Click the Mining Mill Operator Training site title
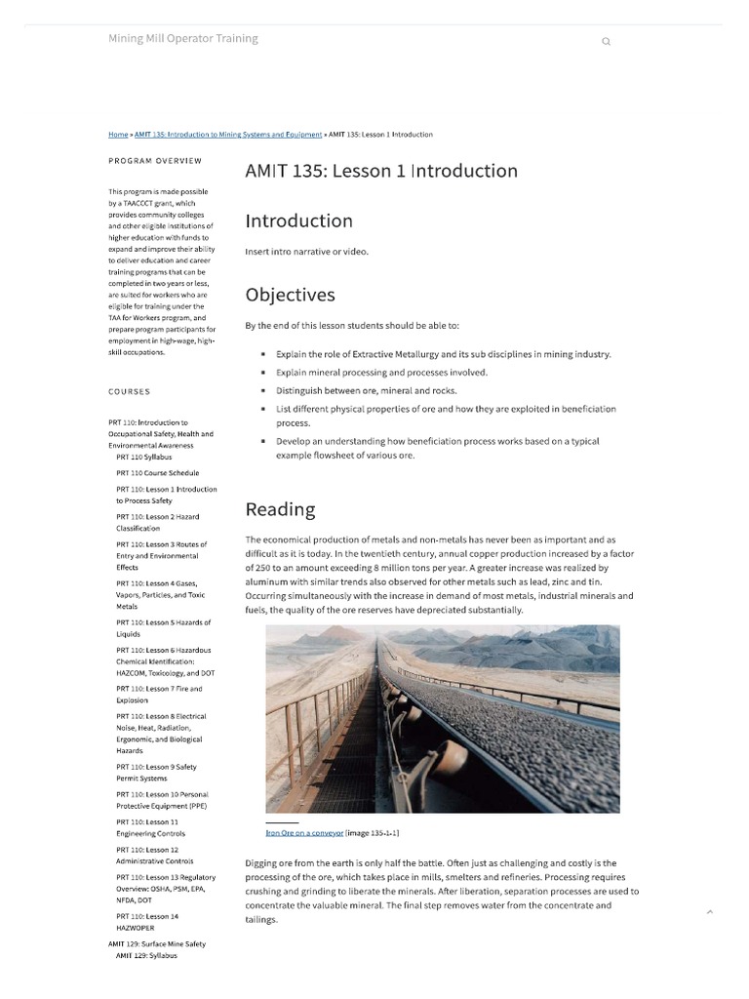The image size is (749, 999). tap(183, 38)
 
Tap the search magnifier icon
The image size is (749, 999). tap(606, 42)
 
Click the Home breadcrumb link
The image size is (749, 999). tap(118, 135)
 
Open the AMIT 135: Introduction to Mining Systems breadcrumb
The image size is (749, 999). tap(228, 135)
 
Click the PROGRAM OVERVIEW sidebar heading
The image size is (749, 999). tap(155, 161)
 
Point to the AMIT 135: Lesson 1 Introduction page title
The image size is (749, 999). tap(381, 171)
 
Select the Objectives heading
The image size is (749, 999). tap(290, 295)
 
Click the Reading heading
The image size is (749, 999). tap(280, 509)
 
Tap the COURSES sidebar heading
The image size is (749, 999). tap(130, 392)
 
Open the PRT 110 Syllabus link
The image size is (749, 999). tap(143, 457)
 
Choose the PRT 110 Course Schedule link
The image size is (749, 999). tap(157, 473)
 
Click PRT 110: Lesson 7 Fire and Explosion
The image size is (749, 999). tap(159, 695)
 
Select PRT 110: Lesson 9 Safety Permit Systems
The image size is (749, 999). tap(156, 773)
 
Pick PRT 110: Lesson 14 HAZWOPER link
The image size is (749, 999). tap(147, 922)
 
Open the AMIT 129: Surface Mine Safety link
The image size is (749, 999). tap(157, 944)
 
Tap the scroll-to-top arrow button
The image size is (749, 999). tap(709, 912)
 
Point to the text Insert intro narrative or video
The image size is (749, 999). tap(306, 252)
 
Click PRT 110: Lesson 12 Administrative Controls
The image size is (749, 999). tap(154, 856)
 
